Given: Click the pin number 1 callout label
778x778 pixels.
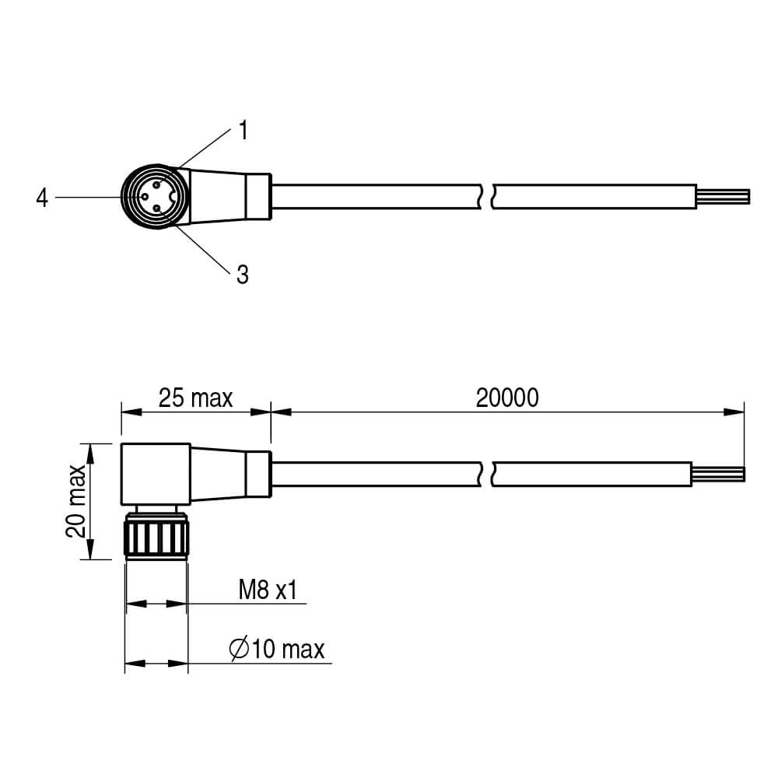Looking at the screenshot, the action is pyautogui.click(x=243, y=130).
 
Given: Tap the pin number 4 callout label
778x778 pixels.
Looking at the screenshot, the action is pyautogui.click(x=42, y=198).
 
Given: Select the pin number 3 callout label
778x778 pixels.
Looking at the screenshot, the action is pyautogui.click(x=243, y=275).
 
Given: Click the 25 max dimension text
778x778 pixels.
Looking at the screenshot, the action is pyautogui.click(x=195, y=398).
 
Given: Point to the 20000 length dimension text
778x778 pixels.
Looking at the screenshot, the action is pyautogui.click(x=507, y=398).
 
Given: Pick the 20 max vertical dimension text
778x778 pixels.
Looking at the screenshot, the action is pyautogui.click(x=76, y=501).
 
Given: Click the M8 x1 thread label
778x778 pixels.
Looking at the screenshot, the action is pyautogui.click(x=268, y=590).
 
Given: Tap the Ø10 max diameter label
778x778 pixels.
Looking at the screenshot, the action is pyautogui.click(x=277, y=649).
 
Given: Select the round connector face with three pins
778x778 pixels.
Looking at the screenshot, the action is pyautogui.click(x=155, y=197).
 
